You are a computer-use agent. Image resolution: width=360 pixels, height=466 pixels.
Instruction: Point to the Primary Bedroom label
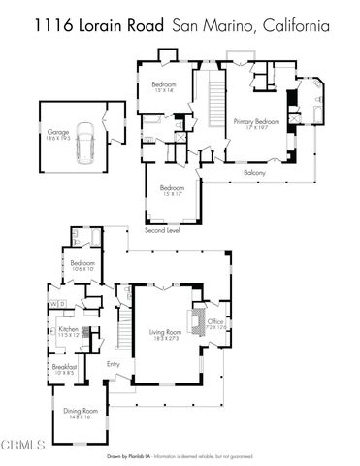tap(256, 122)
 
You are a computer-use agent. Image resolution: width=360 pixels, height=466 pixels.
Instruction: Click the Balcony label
tap(254, 173)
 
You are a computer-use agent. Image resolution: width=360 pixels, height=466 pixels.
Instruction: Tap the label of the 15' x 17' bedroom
tap(172, 190)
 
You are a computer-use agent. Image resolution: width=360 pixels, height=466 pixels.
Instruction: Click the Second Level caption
tap(161, 231)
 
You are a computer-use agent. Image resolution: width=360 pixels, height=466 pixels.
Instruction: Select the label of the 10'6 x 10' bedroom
tap(82, 265)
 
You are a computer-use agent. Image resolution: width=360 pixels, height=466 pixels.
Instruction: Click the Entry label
tap(114, 365)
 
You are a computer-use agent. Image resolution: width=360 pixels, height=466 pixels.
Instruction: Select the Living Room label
tap(164, 335)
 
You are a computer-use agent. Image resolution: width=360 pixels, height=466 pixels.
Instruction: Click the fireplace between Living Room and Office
tap(197, 323)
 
